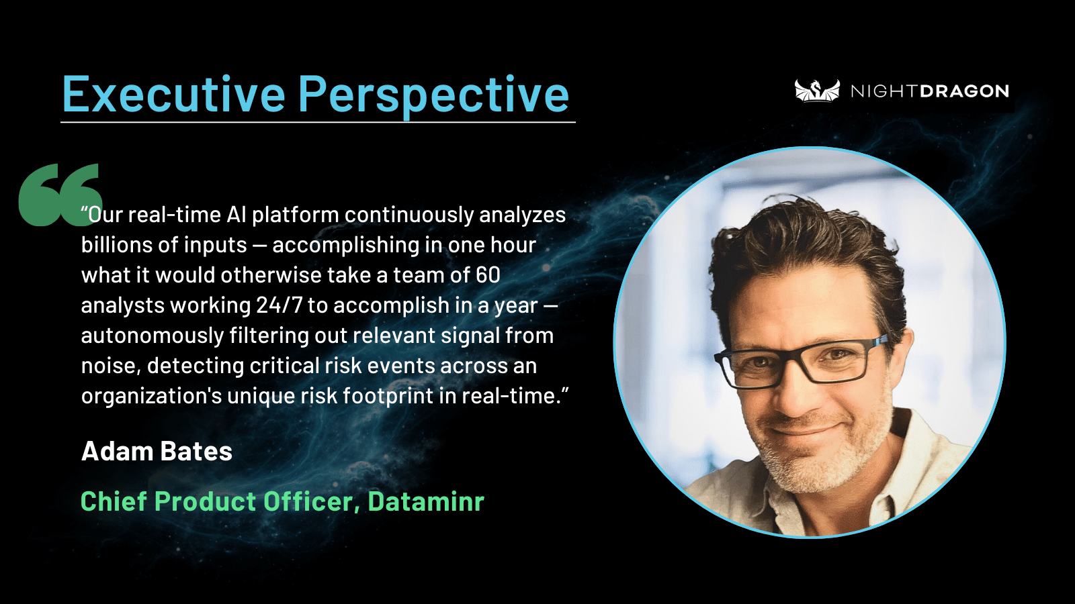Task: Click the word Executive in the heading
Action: click(x=174, y=94)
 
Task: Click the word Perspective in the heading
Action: click(x=434, y=96)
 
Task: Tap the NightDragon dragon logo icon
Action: click(x=817, y=91)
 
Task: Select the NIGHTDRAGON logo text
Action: click(x=930, y=91)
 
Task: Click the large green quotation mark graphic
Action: click(x=60, y=194)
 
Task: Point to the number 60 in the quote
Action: click(x=488, y=275)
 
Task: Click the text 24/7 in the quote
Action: click(x=279, y=305)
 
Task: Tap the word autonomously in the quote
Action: click(x=152, y=336)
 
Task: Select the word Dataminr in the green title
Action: click(x=426, y=501)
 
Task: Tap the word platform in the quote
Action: click(x=296, y=215)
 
